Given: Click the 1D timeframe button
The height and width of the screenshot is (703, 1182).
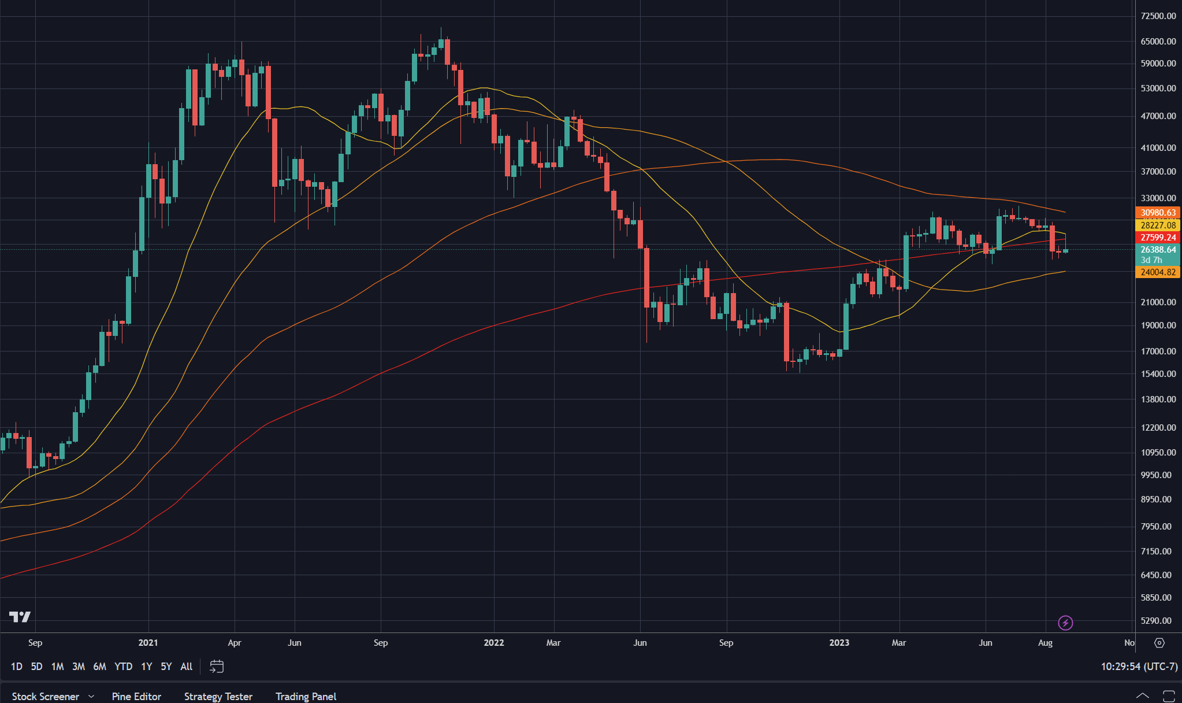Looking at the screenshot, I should [x=17, y=667].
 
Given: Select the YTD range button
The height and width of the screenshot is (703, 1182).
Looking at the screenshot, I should [x=123, y=667].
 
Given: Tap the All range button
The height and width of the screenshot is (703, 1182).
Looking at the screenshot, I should [x=186, y=667].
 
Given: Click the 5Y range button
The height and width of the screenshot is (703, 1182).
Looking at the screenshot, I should [x=166, y=667].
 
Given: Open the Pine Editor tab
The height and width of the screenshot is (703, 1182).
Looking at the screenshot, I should [x=136, y=696].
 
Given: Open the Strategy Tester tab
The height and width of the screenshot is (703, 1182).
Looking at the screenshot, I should [x=218, y=696].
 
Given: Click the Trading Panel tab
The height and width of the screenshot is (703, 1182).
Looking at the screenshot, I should [x=306, y=696].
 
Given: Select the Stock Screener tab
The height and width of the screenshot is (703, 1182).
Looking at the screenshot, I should [x=46, y=696].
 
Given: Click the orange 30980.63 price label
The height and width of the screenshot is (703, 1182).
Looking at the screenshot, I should [x=1158, y=213].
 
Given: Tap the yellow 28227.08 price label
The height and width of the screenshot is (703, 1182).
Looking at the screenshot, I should [x=1158, y=225].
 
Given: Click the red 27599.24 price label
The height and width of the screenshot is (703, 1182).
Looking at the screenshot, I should [x=1158, y=238].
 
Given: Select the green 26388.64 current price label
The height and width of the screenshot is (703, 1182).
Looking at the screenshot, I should [x=1158, y=250].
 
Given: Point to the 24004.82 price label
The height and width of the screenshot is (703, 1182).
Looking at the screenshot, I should [x=1158, y=272].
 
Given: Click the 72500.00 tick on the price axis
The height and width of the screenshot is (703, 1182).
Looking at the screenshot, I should [x=1158, y=16].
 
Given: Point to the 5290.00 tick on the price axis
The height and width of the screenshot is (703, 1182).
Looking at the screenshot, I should [x=1155, y=621].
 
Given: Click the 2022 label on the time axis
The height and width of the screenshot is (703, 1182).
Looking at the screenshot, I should [x=494, y=643].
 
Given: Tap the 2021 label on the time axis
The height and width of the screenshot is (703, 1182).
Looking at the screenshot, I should [x=148, y=643].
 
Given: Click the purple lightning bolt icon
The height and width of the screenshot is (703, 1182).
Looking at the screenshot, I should [x=1065, y=623].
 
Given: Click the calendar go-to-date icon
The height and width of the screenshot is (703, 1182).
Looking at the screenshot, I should [x=217, y=667].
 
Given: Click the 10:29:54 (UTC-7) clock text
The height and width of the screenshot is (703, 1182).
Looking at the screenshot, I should [x=1139, y=667].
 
